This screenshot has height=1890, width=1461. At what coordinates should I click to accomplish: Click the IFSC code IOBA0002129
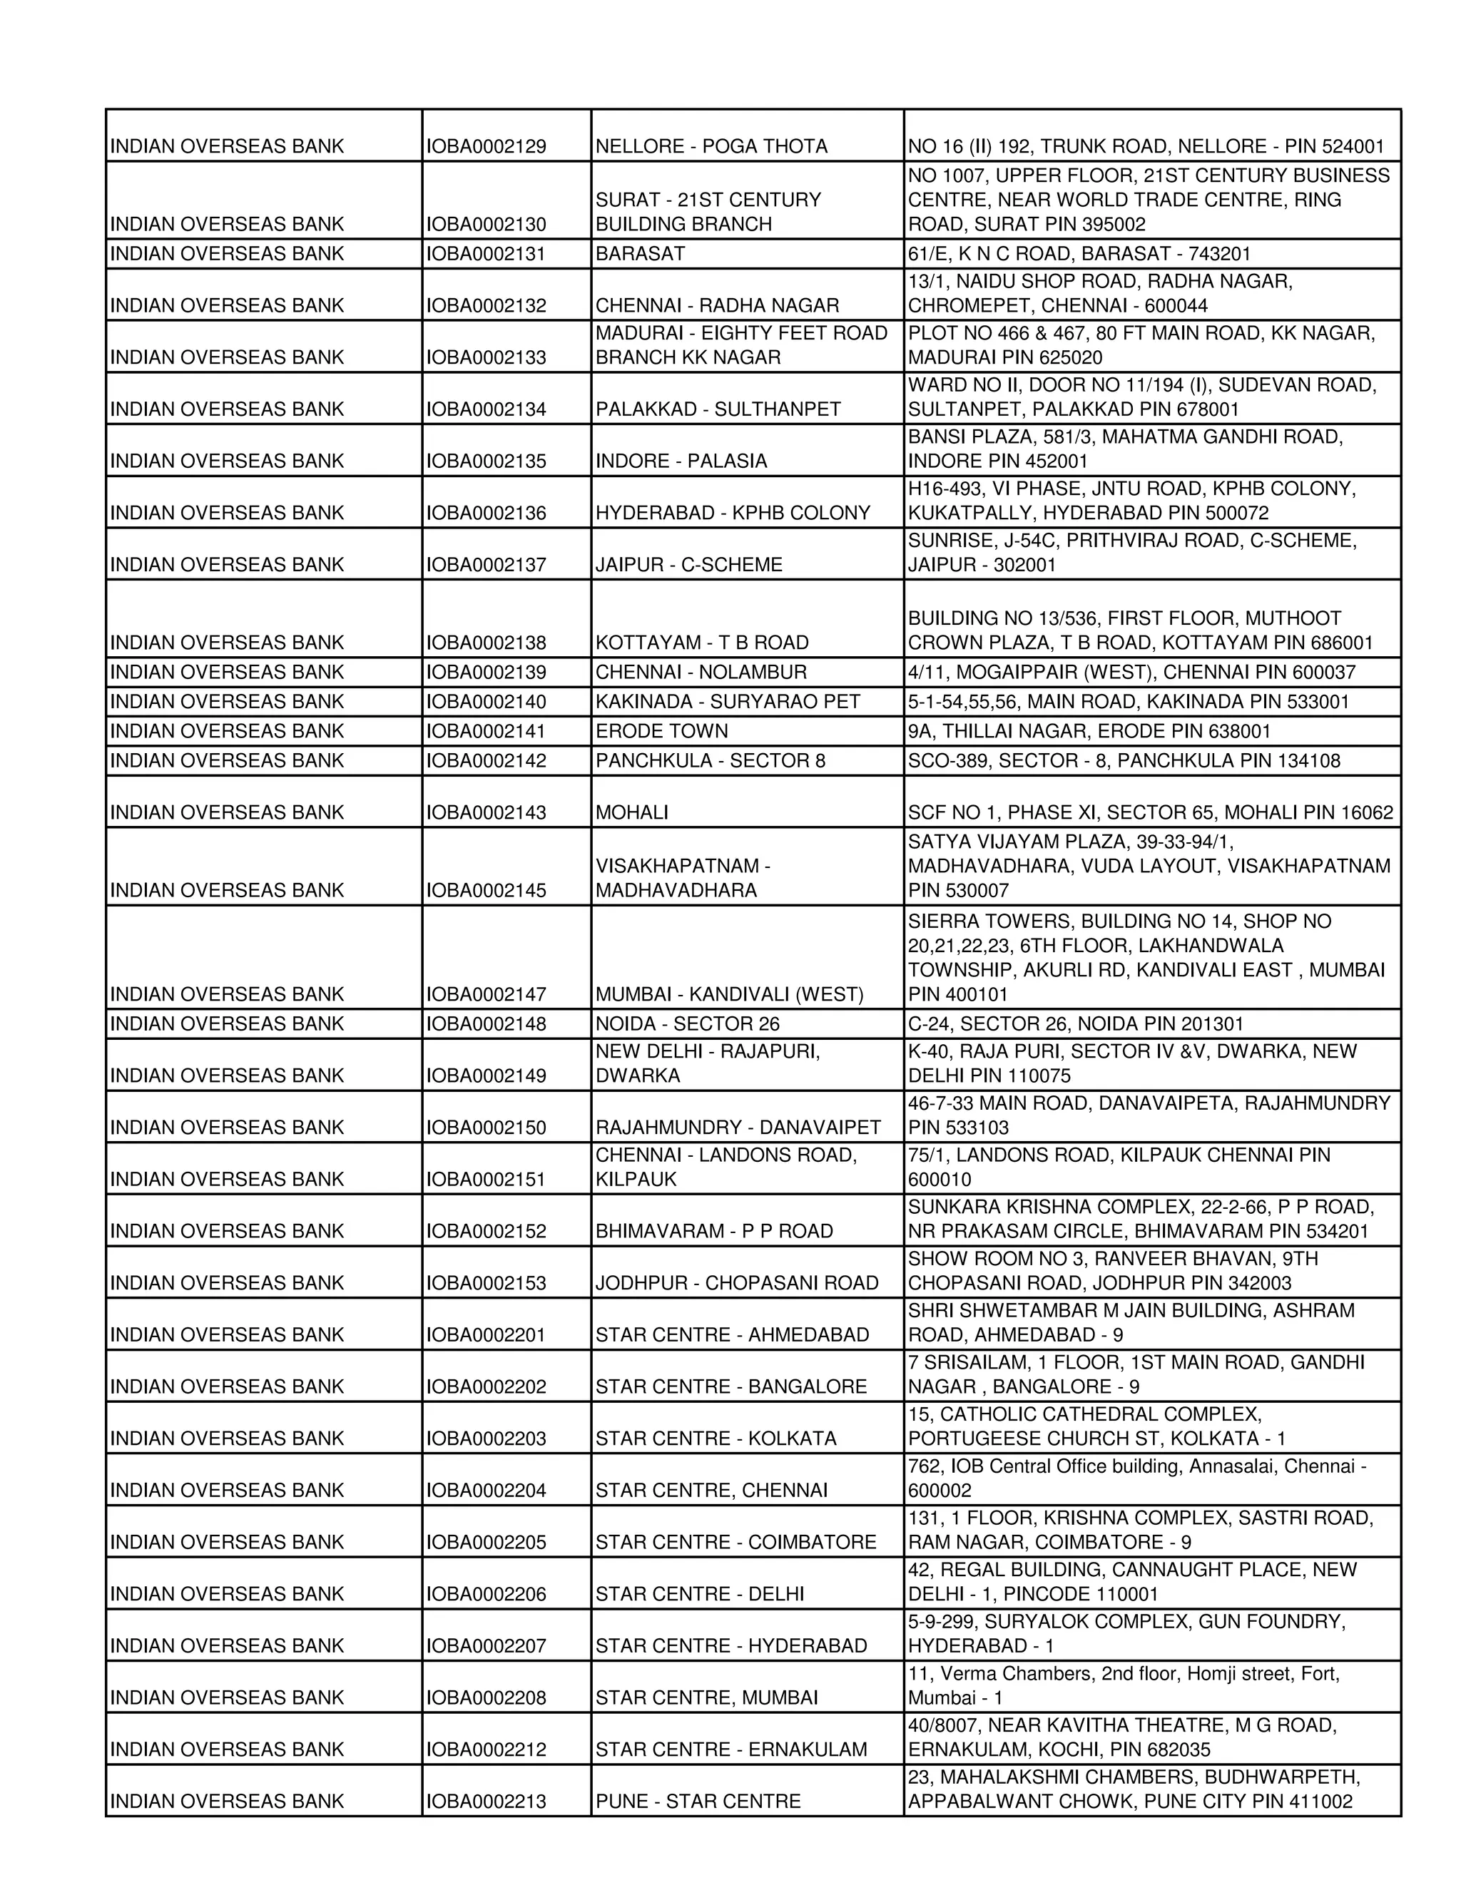coord(487,146)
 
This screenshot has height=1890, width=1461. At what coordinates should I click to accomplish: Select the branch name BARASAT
coord(641,254)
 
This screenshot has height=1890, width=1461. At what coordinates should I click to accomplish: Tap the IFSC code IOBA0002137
coord(487,564)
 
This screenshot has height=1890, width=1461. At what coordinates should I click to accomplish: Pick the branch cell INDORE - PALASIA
coord(681,461)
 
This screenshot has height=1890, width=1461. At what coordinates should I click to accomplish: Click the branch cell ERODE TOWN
coord(662,730)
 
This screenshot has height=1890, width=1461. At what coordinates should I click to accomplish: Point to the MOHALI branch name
coord(632,812)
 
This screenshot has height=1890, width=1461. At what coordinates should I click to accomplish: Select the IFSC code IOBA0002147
coord(487,993)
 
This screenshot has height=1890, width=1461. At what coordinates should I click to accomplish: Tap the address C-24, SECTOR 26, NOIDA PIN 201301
coord(1075,1023)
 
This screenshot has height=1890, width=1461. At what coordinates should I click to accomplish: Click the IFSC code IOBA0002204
coord(487,1490)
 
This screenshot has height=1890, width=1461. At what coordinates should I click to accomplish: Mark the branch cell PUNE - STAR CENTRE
coord(698,1801)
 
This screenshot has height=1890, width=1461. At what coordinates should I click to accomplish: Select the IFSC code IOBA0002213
coord(487,1801)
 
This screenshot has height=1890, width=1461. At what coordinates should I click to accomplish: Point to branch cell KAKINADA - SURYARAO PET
coord(727,701)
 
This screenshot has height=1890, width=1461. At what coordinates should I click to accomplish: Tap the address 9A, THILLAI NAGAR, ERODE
coord(1089,730)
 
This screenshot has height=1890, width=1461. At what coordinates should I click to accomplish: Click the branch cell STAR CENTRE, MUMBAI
coord(706,1697)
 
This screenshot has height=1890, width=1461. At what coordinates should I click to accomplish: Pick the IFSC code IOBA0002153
coord(487,1282)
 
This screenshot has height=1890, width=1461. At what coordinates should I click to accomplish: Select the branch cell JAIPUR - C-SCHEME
coord(688,564)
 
